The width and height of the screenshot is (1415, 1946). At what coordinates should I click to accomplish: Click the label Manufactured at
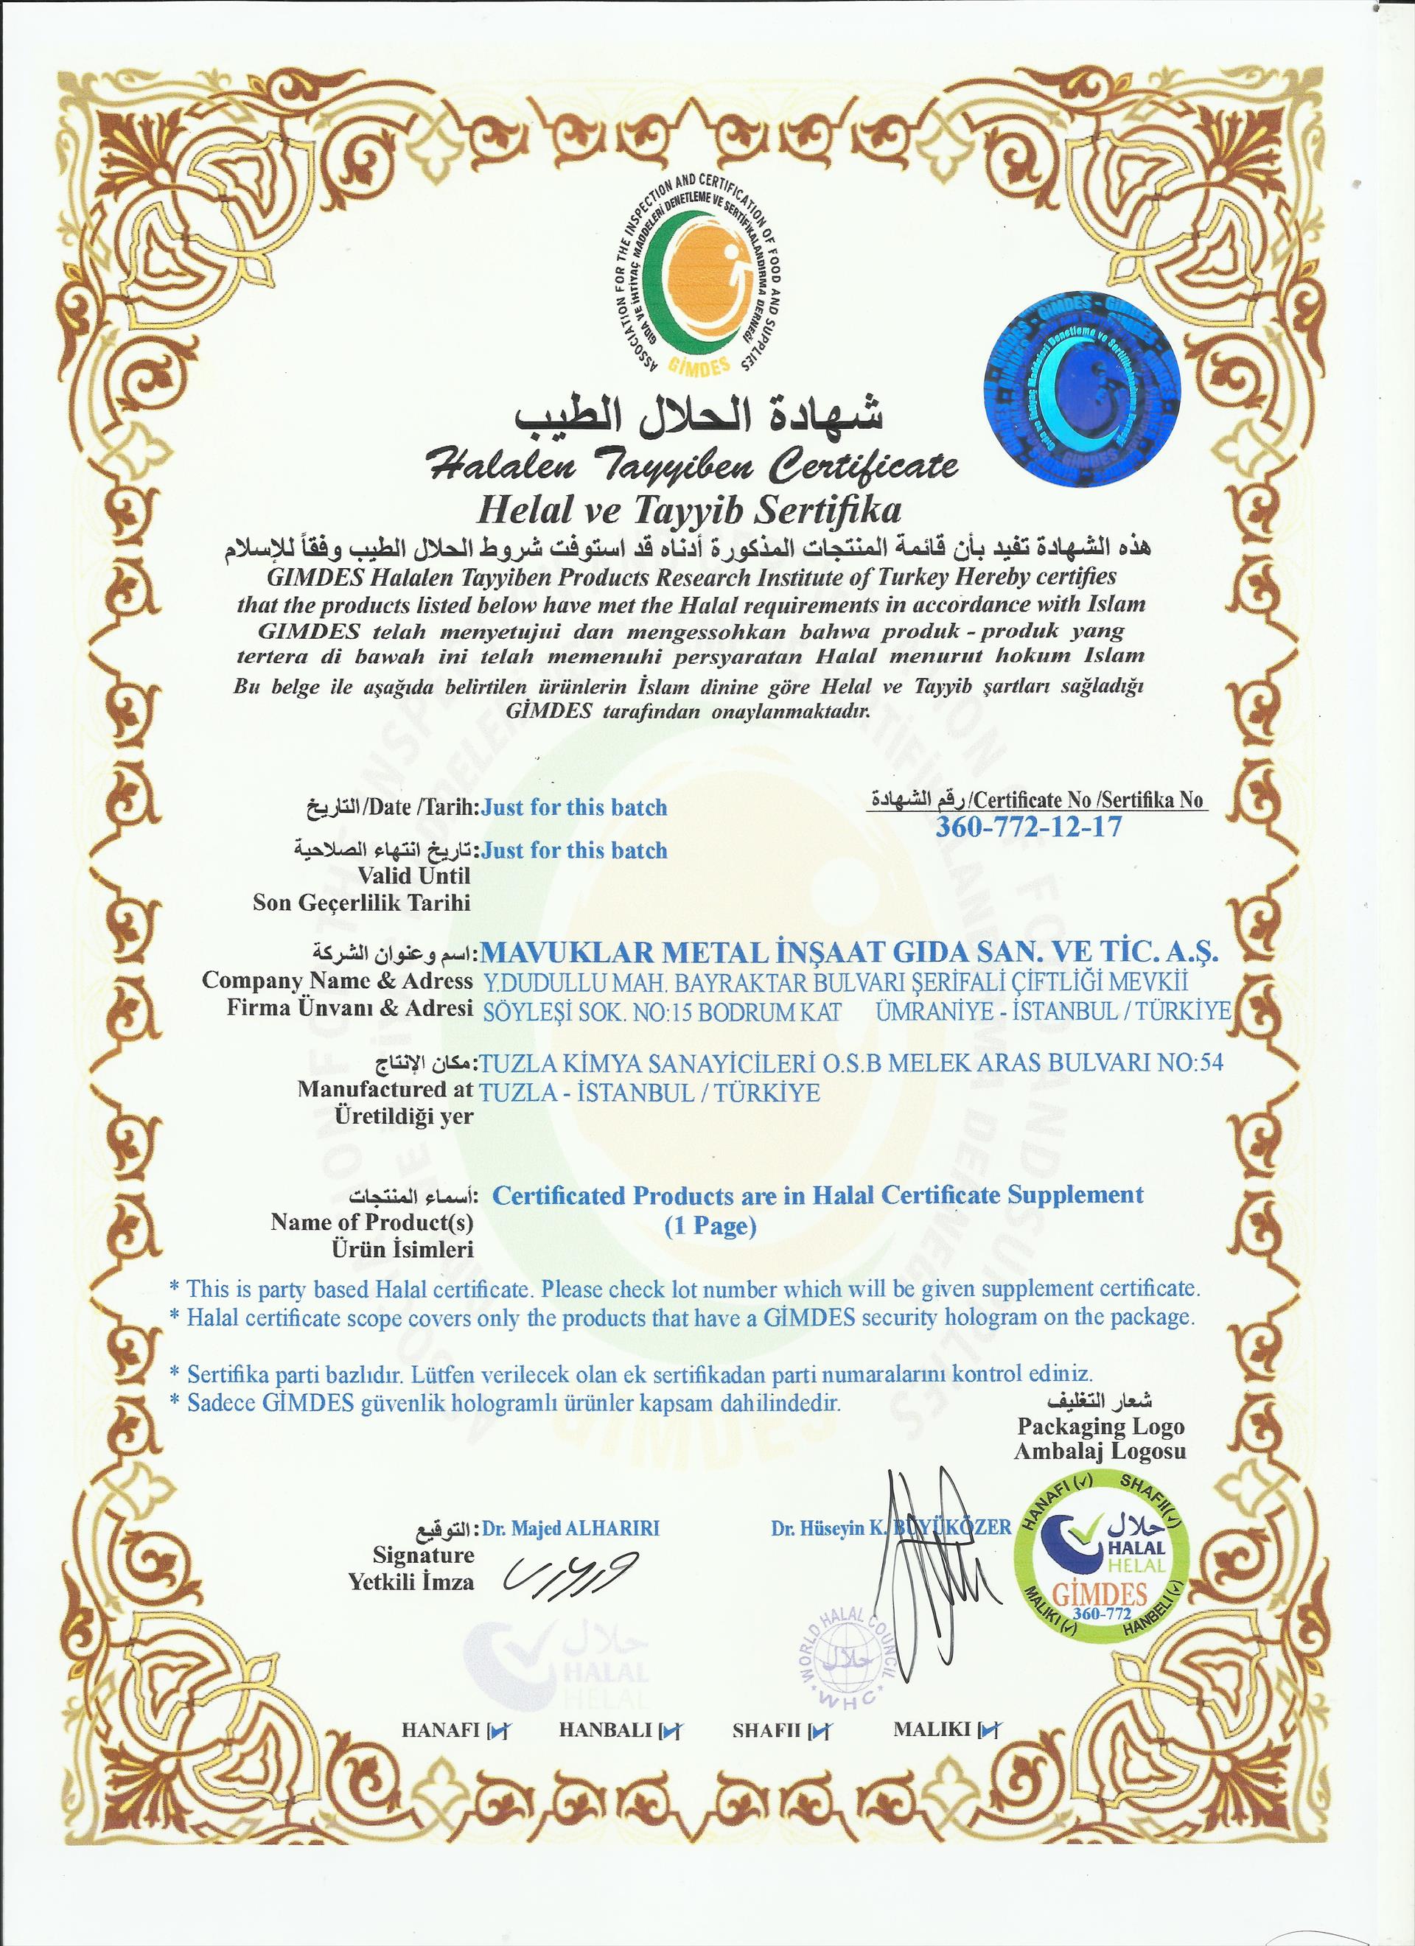[x=385, y=1090]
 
